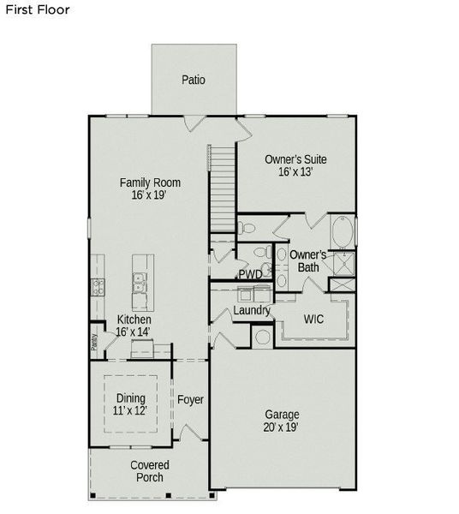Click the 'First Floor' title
[x=37, y=10]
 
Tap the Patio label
[x=194, y=81]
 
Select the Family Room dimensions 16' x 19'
[x=150, y=195]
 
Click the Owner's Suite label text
[x=295, y=159]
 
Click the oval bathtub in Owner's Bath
[x=342, y=230]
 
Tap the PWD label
[x=250, y=274]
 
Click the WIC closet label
[x=313, y=319]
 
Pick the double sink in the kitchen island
[x=139, y=282]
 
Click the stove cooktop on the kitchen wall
[x=98, y=287]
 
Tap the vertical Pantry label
[x=94, y=342]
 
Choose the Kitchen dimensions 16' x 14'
[x=134, y=332]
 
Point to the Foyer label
[x=190, y=400]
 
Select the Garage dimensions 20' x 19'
[x=281, y=427]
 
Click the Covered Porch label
[x=149, y=471]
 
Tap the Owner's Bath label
[x=307, y=261]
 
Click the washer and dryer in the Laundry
[x=261, y=336]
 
